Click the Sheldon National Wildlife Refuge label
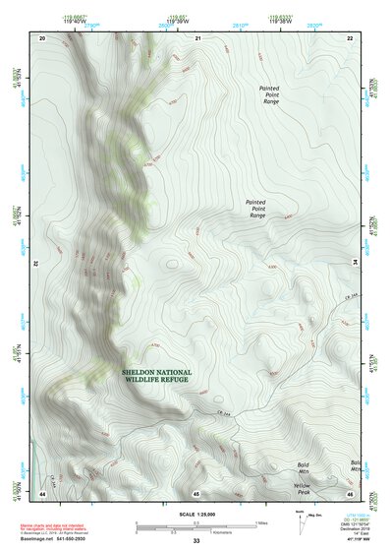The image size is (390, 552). pos(157,375)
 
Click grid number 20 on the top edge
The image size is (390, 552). pos(42,37)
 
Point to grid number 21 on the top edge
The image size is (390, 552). pos(197,37)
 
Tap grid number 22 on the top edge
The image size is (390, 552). pos(351,37)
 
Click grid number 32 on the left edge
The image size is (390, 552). pos(32,264)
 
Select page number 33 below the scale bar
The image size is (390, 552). pos(196,541)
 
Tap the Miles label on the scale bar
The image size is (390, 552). pos(262,521)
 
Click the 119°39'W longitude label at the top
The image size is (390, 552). pos(177,19)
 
